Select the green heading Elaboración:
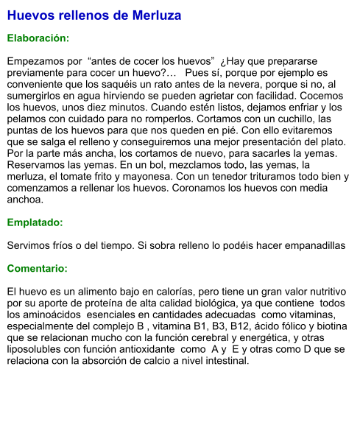tap(38, 37)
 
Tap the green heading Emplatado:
tap(35, 222)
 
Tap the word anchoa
tap(25, 200)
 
